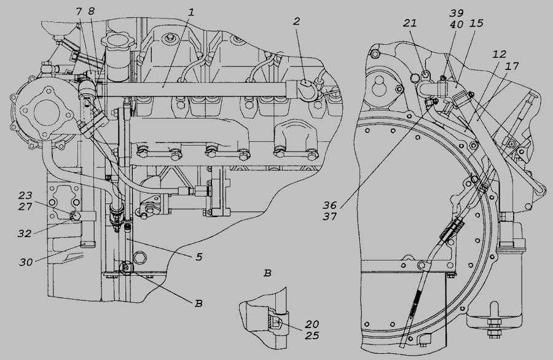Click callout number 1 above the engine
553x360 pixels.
pyautogui.click(x=191, y=12)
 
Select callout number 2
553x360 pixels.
pyautogui.click(x=297, y=21)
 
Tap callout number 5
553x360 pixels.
pyautogui.click(x=199, y=257)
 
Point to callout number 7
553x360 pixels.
pyautogui.click(x=79, y=11)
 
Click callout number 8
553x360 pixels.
pyautogui.click(x=92, y=11)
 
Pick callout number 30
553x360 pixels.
pyautogui.click(x=26, y=262)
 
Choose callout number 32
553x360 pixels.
pyautogui.click(x=25, y=233)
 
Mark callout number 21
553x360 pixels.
pyautogui.click(x=410, y=23)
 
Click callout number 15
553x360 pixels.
pyautogui.click(x=476, y=23)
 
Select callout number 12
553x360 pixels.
pyautogui.click(x=500, y=54)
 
